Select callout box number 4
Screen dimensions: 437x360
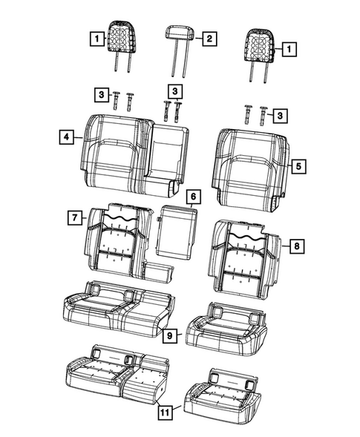67,137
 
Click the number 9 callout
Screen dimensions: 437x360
170,336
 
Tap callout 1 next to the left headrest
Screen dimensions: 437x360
94,36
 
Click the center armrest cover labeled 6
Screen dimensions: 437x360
177,232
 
